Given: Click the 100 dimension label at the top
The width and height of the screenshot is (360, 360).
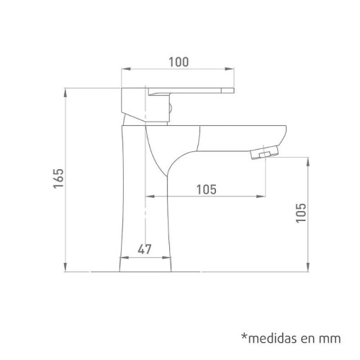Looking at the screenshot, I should coord(179,61).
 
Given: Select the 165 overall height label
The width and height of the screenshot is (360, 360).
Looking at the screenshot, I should coord(59,180).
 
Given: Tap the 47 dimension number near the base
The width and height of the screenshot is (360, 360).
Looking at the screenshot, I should coord(144,249).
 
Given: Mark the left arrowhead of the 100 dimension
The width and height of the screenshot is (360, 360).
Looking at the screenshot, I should coord(122,70).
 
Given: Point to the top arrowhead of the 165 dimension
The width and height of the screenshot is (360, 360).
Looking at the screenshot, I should coord(66,91).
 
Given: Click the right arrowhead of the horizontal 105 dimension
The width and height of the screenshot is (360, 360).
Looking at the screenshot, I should coord(262,197).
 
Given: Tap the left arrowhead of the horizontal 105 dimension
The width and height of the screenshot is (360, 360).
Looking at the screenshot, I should coord(148,197).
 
